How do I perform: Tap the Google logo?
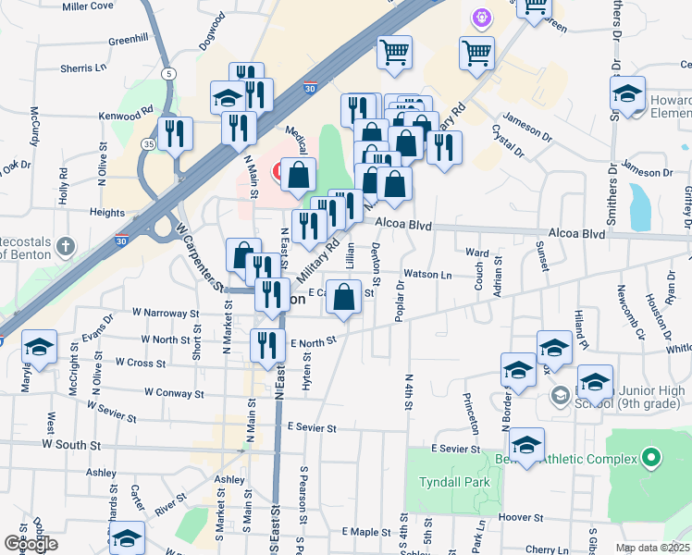tap(31, 545)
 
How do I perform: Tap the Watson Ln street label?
tap(427, 275)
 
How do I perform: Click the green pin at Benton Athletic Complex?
tap(651, 457)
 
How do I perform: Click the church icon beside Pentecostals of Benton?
tap(63, 246)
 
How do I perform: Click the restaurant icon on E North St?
tap(267, 346)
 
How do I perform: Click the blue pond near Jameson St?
tap(639, 206)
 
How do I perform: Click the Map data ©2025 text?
tap(652, 548)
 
